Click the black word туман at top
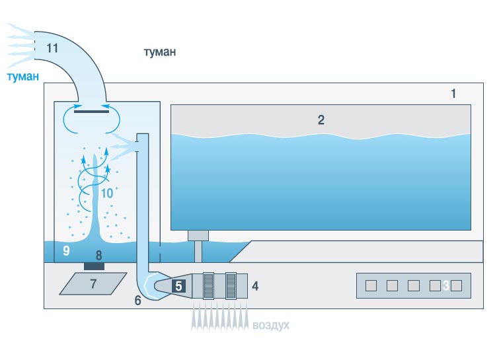pos(160,52)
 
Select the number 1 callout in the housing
pos(453,94)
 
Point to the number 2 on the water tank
pos(321,120)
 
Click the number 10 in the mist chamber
pos(107,194)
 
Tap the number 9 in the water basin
pos(65,251)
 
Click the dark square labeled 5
pos(179,286)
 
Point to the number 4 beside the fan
pos(255,287)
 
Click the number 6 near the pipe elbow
pos(137,299)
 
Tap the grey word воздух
pos(270,326)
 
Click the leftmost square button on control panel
pos(371,285)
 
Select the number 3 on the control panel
pos(446,285)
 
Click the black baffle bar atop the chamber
pos(92,112)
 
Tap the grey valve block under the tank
pos(198,234)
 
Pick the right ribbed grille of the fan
pos(231,285)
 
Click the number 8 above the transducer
pos(98,254)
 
